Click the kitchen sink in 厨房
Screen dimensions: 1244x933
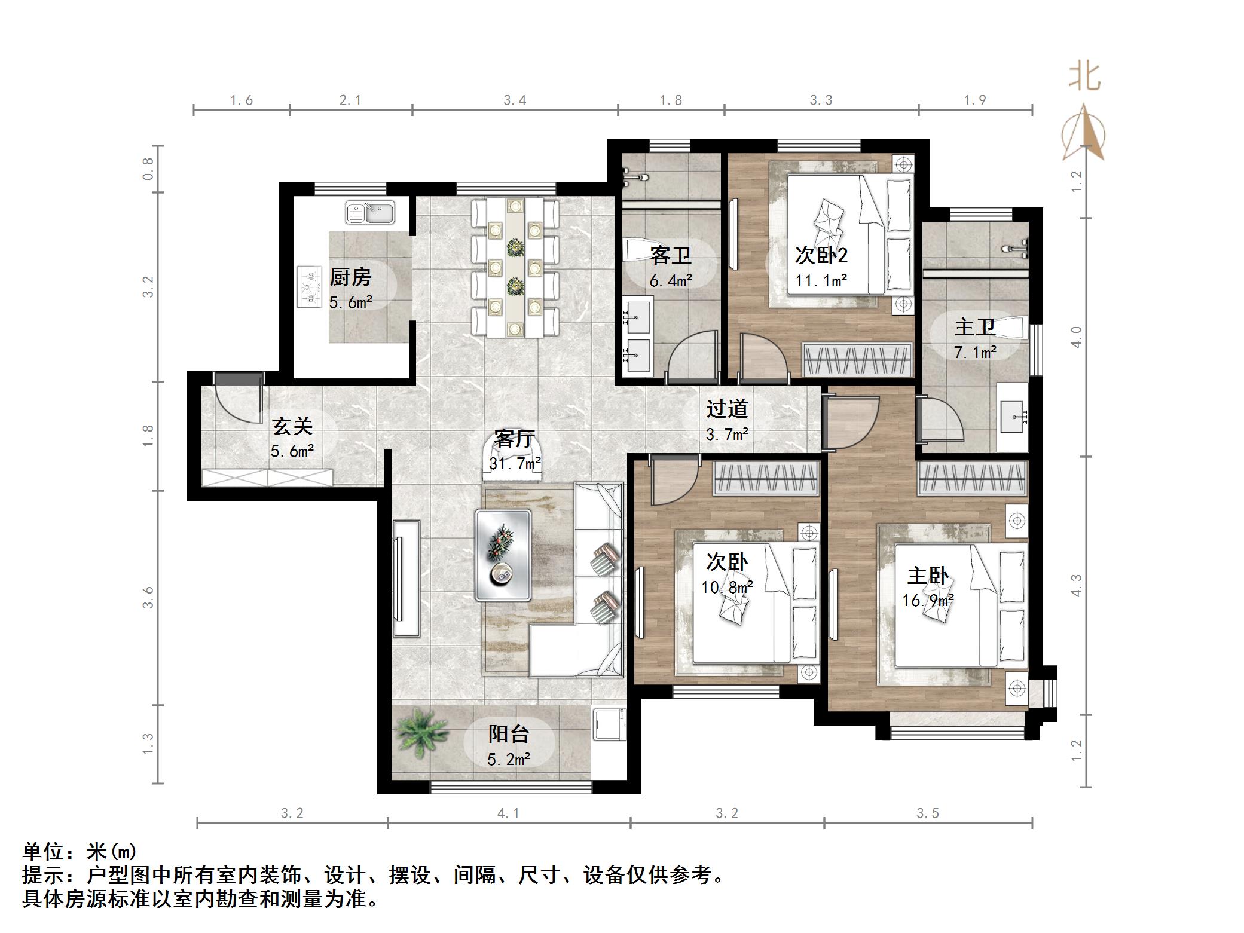coord(370,213)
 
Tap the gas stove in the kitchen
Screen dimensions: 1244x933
coord(310,287)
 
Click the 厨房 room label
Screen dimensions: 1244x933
coord(350,277)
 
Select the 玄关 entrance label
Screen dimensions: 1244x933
coord(292,426)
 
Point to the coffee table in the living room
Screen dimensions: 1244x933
coord(503,555)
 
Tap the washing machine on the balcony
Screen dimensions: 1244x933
coord(609,724)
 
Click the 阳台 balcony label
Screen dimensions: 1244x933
coord(509,734)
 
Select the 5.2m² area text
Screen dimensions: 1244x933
coord(509,760)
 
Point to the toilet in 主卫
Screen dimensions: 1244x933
coord(1011,327)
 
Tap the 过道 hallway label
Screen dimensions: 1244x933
coord(727,409)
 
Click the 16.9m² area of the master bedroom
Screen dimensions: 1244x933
coord(928,600)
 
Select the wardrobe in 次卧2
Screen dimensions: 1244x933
coord(857,360)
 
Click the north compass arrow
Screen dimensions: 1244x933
coord(1083,133)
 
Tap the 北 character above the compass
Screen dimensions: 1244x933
coord(1084,77)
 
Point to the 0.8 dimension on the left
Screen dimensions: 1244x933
coord(148,169)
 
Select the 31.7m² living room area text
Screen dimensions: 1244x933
coord(515,463)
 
